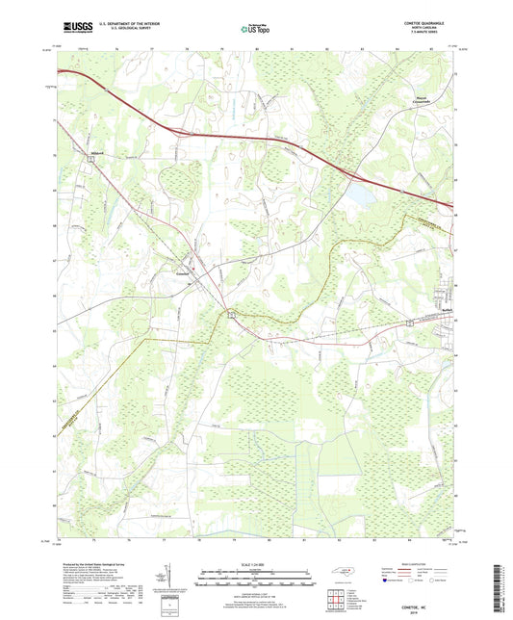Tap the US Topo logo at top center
tap(255, 29)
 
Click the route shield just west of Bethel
tap(410, 324)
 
